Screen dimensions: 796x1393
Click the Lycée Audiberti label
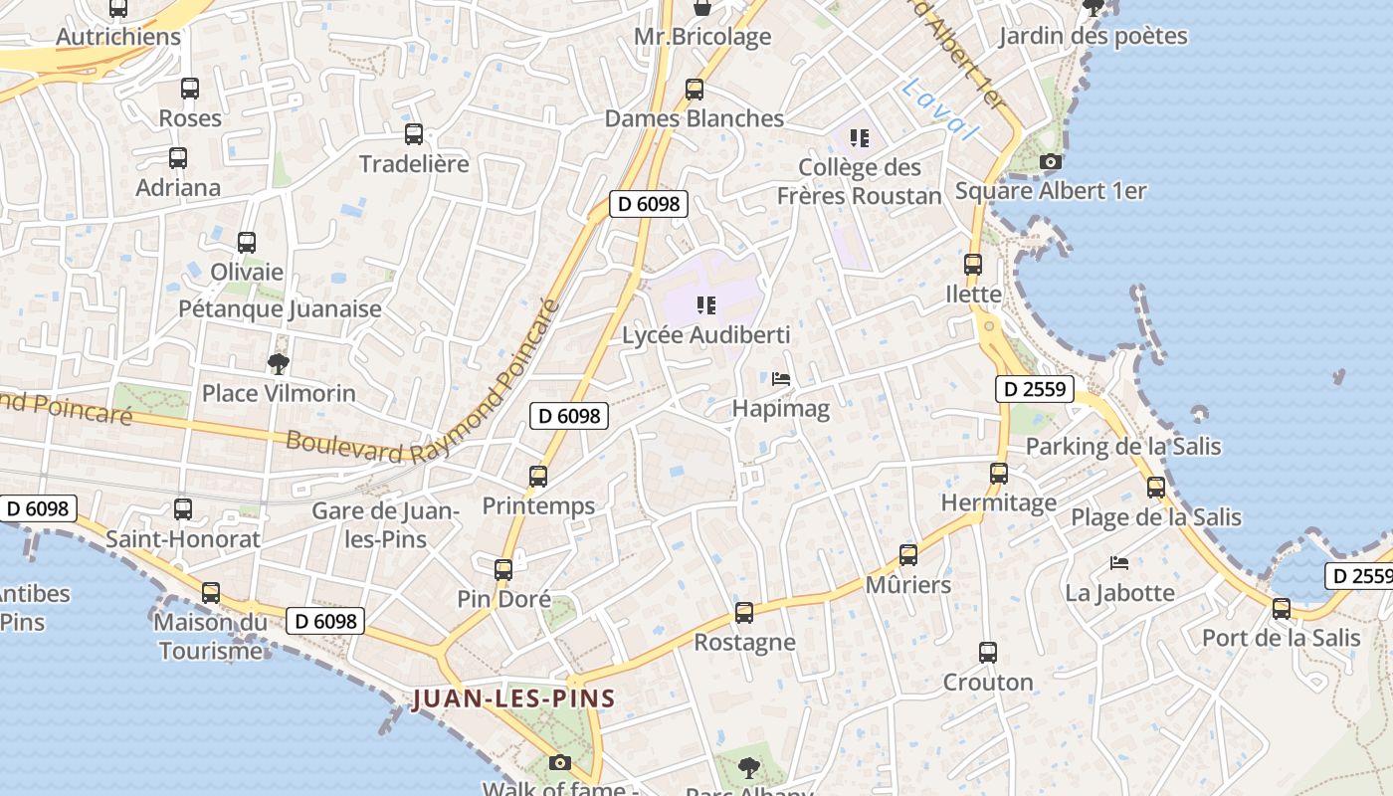705,335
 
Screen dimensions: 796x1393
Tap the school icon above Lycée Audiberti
706,304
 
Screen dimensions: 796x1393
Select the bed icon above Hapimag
781,379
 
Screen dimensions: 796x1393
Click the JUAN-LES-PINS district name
513,698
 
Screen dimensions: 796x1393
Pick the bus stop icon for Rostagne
744,613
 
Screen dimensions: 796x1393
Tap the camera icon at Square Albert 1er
1050,161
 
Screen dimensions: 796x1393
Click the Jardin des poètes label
1093,37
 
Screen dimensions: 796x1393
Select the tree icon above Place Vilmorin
279,363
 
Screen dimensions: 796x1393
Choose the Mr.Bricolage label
702,38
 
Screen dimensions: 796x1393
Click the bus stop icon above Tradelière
413,134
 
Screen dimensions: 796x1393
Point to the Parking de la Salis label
1122,446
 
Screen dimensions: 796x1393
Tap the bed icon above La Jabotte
1119,563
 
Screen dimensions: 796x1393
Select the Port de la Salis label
1281,638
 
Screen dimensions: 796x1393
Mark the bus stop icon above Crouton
987,653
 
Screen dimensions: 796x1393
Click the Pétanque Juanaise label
280,309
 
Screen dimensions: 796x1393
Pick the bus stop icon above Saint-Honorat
183,509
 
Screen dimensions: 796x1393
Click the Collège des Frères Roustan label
859,181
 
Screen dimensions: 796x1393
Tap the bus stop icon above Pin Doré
503,570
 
